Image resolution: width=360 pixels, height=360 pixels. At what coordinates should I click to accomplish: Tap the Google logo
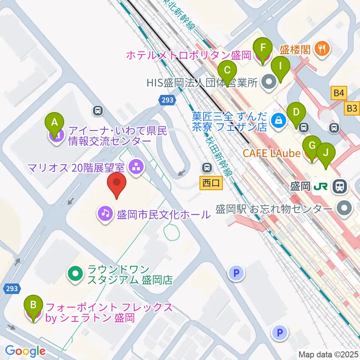[25, 351]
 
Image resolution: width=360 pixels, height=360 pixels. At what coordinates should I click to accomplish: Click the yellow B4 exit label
[339, 93]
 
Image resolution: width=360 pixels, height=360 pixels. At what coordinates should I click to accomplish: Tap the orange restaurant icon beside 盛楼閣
[322, 48]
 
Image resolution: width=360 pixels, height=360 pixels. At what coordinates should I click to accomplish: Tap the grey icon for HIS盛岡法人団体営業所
[268, 82]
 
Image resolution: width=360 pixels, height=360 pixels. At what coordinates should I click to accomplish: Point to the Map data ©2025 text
[328, 354]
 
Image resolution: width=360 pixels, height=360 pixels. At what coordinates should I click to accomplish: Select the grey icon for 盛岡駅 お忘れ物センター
[344, 208]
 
